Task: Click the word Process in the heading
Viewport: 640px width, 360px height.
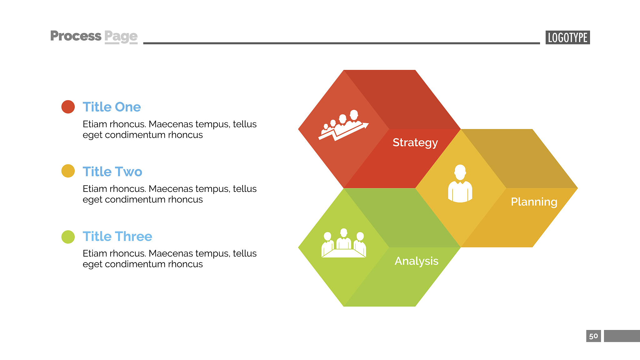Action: [x=76, y=36]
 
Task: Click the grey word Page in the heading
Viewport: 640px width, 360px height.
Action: [x=121, y=37]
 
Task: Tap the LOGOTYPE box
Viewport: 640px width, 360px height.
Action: [x=567, y=37]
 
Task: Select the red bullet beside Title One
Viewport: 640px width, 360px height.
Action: [x=68, y=107]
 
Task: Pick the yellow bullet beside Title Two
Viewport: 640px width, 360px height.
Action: [x=68, y=171]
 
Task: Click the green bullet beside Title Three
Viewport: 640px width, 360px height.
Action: [x=68, y=237]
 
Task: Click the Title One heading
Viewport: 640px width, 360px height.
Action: [x=112, y=107]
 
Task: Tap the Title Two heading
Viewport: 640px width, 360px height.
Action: [x=112, y=172]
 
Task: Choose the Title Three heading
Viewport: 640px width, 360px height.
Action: [x=117, y=236]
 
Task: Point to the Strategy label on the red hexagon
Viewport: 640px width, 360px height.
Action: [x=415, y=143]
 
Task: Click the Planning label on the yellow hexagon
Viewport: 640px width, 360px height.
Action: [x=534, y=202]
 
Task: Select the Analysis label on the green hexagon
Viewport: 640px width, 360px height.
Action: [x=417, y=261]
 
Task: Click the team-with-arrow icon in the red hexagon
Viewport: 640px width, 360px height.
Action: [x=343, y=125]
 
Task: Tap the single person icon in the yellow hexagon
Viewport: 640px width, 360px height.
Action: [x=460, y=183]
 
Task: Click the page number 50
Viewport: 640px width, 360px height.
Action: [x=593, y=336]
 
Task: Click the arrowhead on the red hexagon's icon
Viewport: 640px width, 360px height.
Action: [x=365, y=126]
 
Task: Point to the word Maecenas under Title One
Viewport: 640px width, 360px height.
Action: [x=171, y=124]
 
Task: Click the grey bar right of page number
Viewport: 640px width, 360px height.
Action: [x=622, y=336]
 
